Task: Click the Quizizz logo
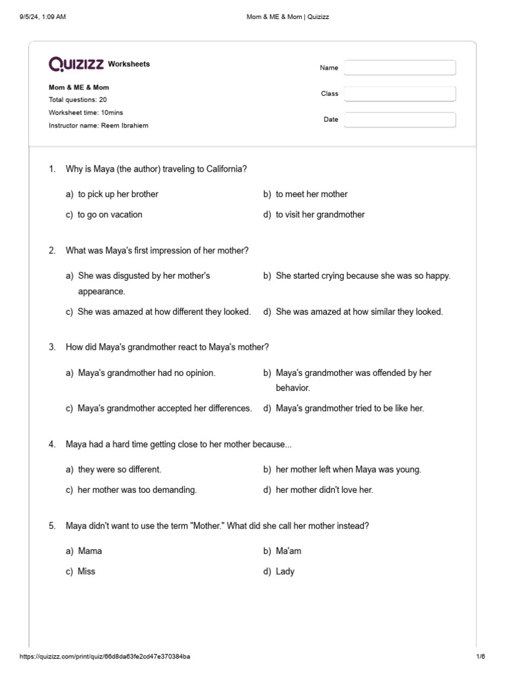tap(76, 64)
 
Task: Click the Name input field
tap(400, 68)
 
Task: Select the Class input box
tap(400, 94)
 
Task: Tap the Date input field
tap(400, 120)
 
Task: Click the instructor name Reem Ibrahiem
tap(124, 126)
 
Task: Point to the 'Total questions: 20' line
tap(78, 100)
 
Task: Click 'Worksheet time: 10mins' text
tap(85, 112)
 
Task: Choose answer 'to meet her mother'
tap(311, 194)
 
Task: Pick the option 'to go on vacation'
tap(110, 214)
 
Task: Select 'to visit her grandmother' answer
tap(320, 214)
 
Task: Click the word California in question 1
tap(225, 169)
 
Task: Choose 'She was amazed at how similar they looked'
tap(359, 312)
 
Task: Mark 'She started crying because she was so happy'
tap(363, 275)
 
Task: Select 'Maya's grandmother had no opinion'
tap(146, 373)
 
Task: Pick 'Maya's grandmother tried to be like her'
tap(350, 408)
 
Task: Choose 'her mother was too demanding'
tap(137, 490)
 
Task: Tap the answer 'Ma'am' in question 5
tap(288, 551)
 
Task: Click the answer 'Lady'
tap(285, 571)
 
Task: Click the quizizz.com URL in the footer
tap(105, 657)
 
